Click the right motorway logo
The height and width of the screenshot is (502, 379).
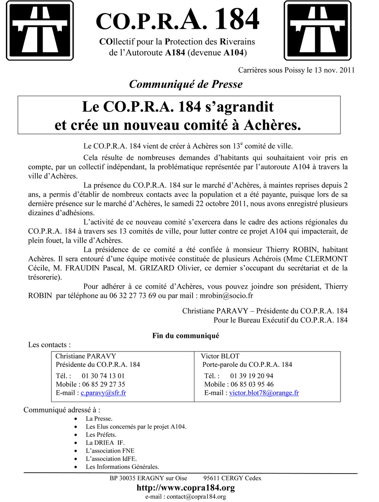click(x=318, y=31)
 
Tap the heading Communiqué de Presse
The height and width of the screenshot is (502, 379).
click(x=186, y=84)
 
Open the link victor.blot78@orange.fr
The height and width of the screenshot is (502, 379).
click(x=264, y=393)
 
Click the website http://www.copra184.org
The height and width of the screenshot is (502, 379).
click(x=186, y=488)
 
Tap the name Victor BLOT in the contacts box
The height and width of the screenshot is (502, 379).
click(x=220, y=356)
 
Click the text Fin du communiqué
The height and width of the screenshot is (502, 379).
click(x=186, y=336)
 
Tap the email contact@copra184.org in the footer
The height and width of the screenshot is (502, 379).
click(x=196, y=497)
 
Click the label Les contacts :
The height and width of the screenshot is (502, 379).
click(x=49, y=345)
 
